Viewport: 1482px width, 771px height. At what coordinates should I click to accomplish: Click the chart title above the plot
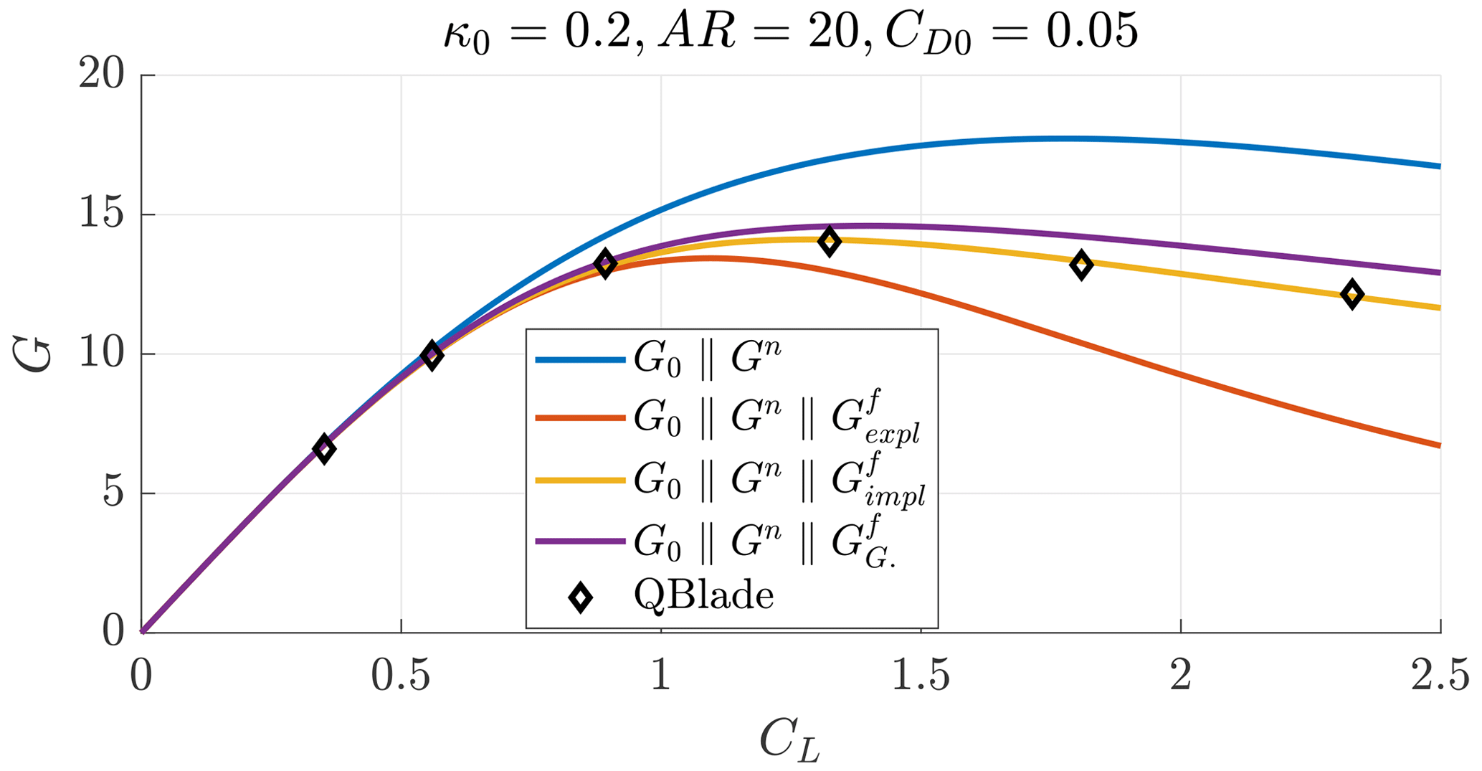790,33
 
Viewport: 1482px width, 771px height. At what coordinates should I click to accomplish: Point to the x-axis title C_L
789,739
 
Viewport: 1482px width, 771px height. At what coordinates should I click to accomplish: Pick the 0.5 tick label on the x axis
401,677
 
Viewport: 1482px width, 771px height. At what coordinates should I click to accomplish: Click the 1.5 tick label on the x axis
921,677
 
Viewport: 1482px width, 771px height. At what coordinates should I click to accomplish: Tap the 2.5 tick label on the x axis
1440,677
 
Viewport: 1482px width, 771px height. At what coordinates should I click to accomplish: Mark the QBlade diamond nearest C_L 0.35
324,449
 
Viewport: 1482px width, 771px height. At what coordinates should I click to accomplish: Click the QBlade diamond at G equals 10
432,355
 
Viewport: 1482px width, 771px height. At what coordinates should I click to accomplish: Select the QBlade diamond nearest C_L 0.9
606,263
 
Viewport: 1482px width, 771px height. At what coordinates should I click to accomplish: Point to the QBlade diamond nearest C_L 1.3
830,241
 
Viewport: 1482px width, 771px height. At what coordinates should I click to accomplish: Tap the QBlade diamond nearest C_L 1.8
1081,265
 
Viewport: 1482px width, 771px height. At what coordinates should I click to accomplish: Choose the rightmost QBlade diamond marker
1352,294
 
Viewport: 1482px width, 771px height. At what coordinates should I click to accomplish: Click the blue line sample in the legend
579,360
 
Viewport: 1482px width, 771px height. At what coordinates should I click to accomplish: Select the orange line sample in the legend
579,418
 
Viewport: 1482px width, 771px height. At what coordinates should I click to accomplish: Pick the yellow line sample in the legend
579,481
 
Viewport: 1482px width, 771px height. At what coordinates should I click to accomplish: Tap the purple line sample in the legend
579,541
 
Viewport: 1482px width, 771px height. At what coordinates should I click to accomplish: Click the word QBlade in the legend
703,596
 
